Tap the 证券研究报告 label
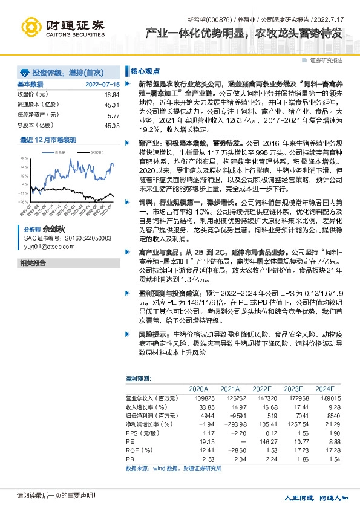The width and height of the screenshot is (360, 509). pos(327,60)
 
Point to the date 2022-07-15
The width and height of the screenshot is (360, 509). pos(103,84)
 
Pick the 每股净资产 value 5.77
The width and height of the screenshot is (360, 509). pos(113,115)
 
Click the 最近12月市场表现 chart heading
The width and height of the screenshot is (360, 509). pos(49,140)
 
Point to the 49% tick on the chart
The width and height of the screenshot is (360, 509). pos(25,157)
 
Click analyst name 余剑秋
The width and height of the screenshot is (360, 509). pos(54,230)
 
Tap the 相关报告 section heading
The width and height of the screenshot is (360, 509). pos(33,263)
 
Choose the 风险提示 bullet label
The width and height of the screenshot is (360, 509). pos(155,334)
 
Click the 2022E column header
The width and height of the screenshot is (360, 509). pos(261,389)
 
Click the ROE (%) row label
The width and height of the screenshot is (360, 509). pos(139,451)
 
